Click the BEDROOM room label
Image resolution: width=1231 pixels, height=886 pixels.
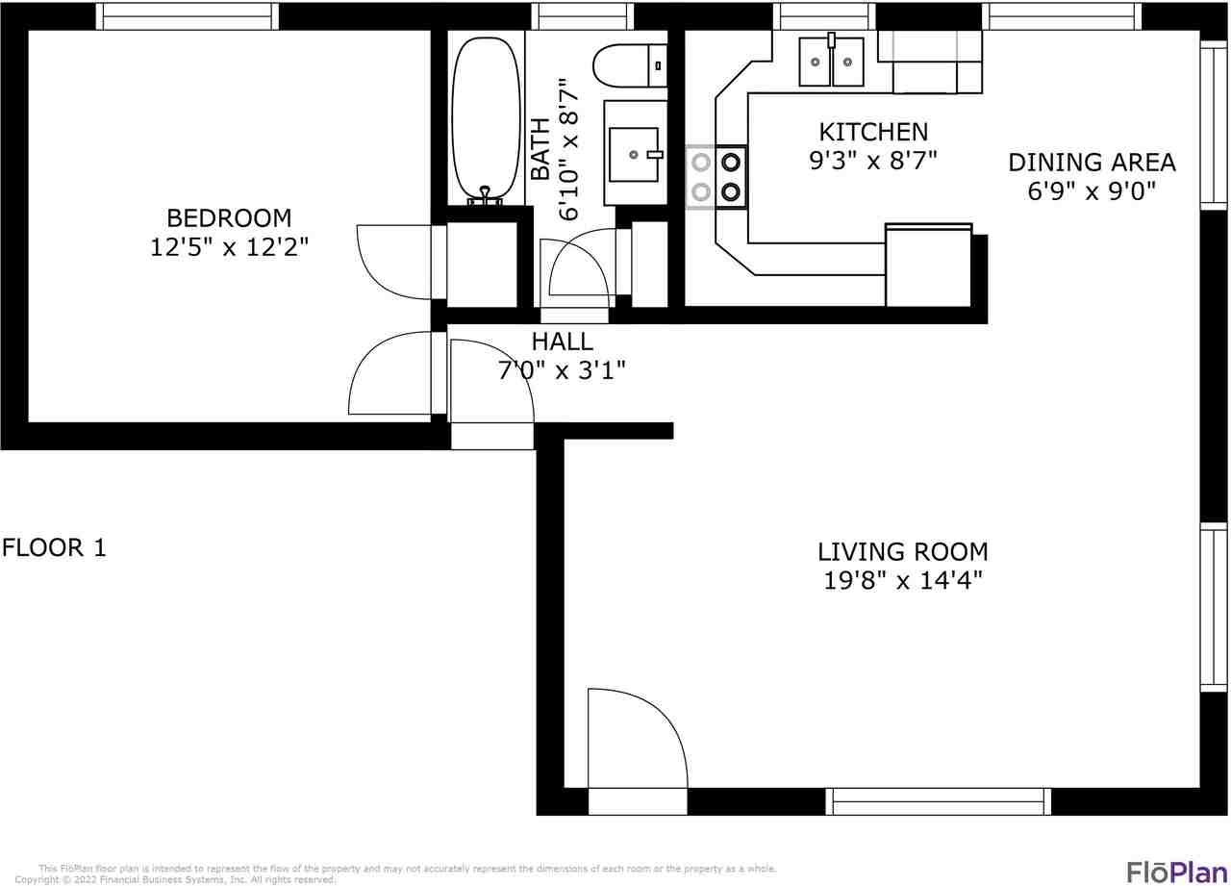(229, 218)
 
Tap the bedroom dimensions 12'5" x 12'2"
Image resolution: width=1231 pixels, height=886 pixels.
(229, 247)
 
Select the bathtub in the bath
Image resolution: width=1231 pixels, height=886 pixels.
(486, 120)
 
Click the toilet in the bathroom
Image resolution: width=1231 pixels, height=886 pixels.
(630, 65)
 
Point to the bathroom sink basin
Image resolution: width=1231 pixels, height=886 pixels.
(634, 155)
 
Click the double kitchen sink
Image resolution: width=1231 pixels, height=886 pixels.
(831, 61)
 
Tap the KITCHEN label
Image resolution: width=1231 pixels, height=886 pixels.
(873, 132)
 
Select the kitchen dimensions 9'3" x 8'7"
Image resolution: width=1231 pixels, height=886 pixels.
(872, 161)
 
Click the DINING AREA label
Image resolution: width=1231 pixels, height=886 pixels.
(1092, 163)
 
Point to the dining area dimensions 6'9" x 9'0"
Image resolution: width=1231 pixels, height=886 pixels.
(1092, 190)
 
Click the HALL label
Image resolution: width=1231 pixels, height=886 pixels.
(562, 342)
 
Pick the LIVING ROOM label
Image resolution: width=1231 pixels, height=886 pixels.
(902, 551)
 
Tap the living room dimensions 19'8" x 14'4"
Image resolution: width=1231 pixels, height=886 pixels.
(902, 580)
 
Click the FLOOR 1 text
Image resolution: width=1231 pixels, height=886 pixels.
(54, 547)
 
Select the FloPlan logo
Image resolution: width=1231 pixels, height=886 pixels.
(1176, 873)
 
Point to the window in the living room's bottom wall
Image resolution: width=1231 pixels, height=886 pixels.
(938, 801)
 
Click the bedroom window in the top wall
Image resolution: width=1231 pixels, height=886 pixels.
(187, 16)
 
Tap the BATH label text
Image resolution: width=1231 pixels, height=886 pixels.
(540, 149)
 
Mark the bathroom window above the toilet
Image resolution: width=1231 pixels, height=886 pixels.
(583, 16)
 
